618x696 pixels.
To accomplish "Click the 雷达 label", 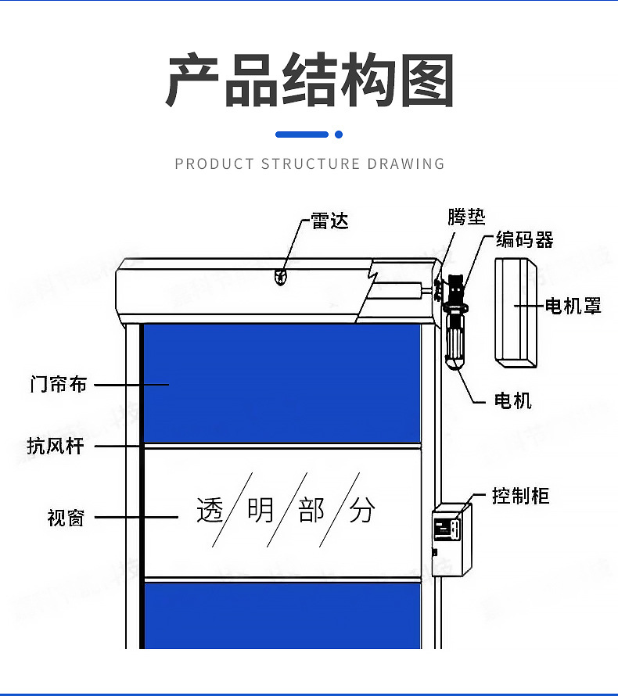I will coord(329,221).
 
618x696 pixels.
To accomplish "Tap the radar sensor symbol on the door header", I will coord(280,276).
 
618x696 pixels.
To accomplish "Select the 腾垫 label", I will coord(466,217).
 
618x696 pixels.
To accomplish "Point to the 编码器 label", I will coord(524,240).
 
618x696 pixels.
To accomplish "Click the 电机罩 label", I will coord(573,306).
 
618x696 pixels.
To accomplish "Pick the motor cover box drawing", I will coord(515,312).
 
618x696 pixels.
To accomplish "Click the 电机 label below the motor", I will coord(513,400).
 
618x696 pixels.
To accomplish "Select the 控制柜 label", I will coord(520,496).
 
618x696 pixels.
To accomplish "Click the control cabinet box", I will coord(451,540).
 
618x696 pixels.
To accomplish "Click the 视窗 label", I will coord(66,518).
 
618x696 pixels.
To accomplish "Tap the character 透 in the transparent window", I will coord(210,510).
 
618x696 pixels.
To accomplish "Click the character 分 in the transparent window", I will coord(362,510).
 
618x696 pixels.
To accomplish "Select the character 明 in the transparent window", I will coord(260,510).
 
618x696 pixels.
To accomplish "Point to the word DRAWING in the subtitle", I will coord(406,164).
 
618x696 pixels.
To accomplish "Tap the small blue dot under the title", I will coord(339,135).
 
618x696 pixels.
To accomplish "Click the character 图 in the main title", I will coord(427,81).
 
